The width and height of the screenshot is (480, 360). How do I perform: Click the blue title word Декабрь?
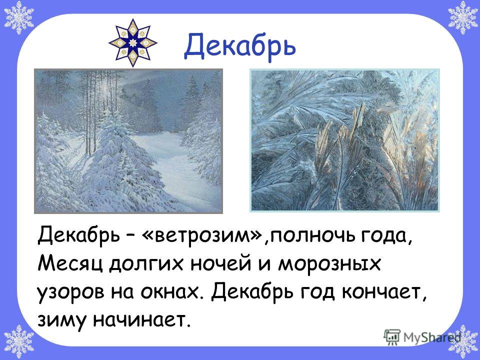click(240, 46)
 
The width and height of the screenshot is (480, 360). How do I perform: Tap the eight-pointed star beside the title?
click(133, 43)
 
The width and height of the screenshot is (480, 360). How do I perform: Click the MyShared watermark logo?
click(422, 337)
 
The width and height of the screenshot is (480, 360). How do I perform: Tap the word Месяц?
click(70, 264)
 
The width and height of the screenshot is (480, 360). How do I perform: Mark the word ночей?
click(221, 263)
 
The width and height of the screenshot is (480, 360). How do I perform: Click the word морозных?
click(329, 264)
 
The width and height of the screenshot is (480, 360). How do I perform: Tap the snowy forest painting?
click(128, 141)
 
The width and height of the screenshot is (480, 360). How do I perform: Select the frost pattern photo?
click(344, 140)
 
